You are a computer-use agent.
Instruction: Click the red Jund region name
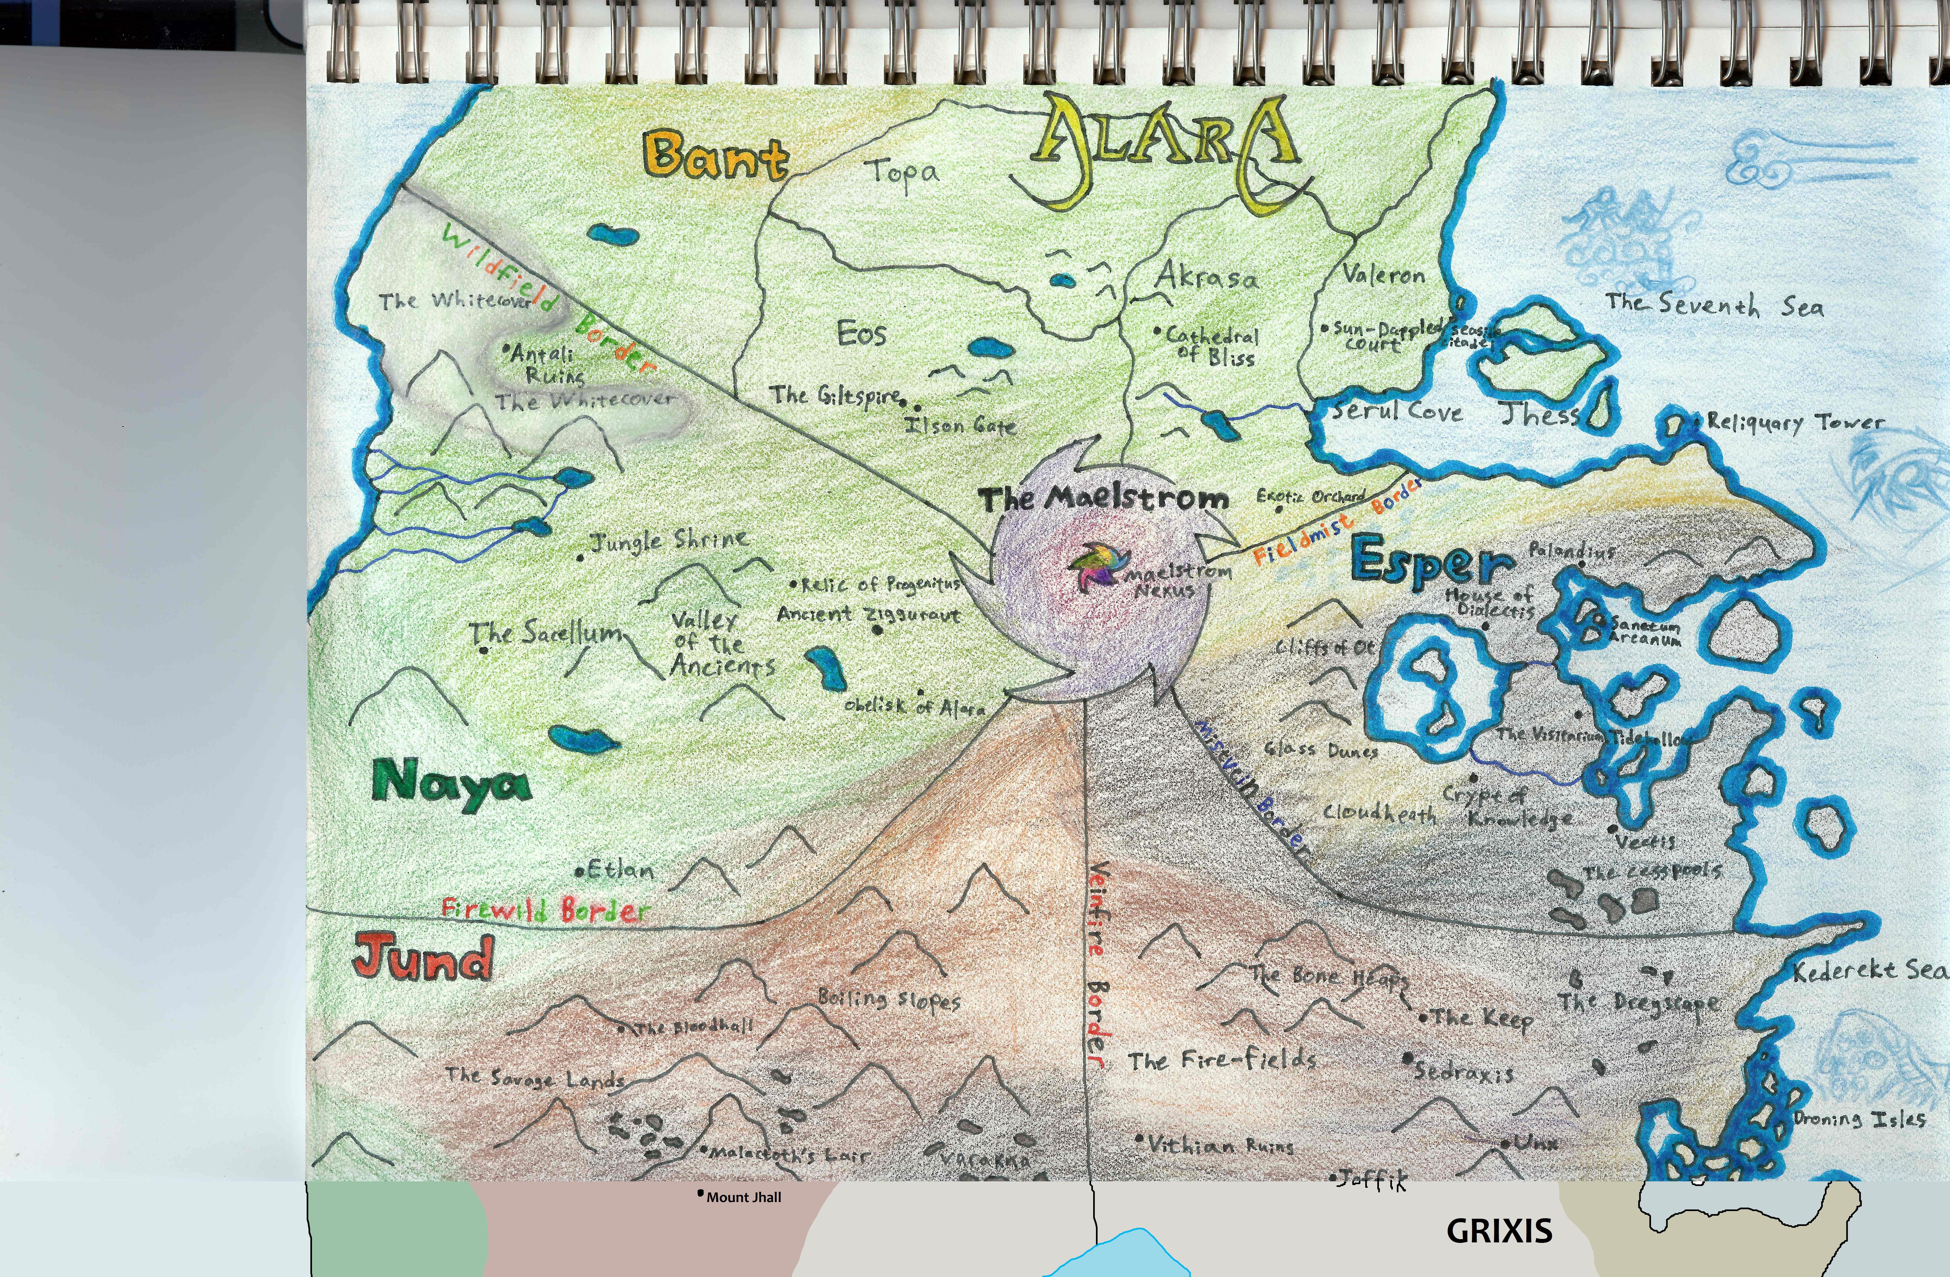[x=424, y=957]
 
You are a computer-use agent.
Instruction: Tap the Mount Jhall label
[x=743, y=1198]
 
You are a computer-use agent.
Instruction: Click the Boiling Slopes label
[x=889, y=1000]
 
